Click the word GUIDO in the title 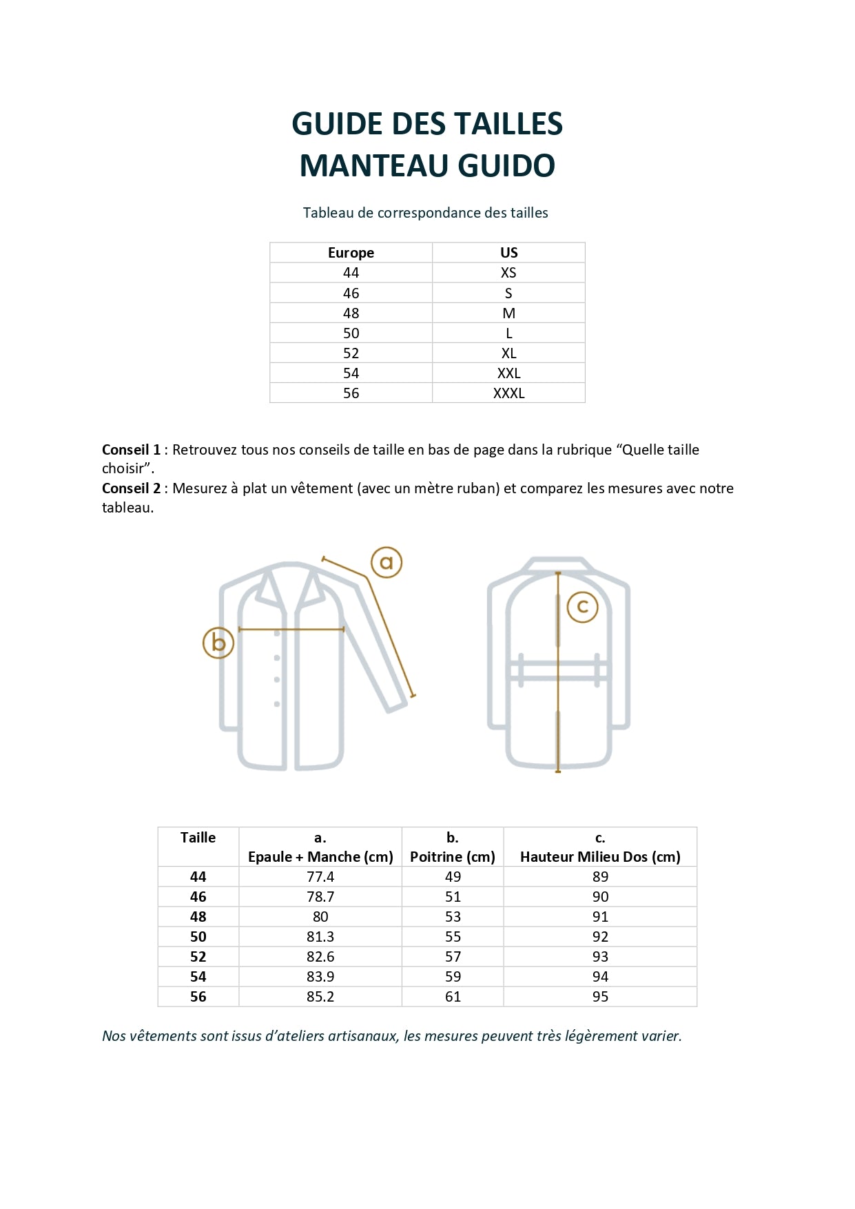tap(506, 166)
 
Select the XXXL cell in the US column tap(508, 393)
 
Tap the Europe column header tap(351, 253)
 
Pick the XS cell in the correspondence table tap(508, 273)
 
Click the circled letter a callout tap(387, 563)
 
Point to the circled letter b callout tap(218, 643)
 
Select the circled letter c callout tap(582, 607)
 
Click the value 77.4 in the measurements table tap(320, 877)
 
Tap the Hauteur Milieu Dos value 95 tap(600, 997)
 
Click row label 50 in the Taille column tap(198, 937)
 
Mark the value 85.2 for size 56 tap(320, 997)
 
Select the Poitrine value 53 tap(453, 917)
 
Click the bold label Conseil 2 tap(131, 488)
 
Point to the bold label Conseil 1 tap(131, 450)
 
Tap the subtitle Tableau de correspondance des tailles tap(426, 213)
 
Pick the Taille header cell tap(198, 838)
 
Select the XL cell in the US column tap(508, 353)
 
